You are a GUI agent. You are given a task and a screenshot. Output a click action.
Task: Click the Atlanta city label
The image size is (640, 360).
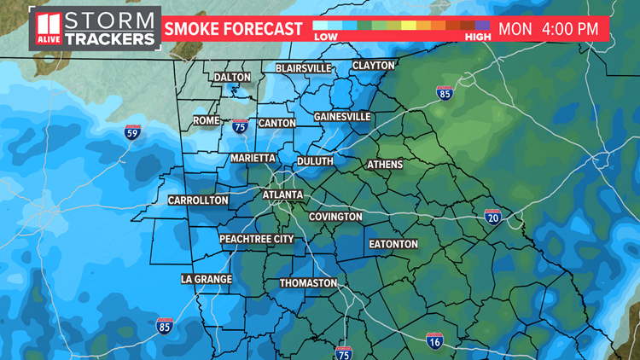point(282,195)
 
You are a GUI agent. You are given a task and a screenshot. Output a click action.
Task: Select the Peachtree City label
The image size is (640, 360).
point(256,239)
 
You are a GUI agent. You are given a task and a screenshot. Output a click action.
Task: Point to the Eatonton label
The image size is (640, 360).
point(393,244)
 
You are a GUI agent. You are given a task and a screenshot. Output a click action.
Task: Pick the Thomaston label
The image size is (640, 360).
point(308,283)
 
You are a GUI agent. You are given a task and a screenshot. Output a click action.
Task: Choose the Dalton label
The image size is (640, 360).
point(232,77)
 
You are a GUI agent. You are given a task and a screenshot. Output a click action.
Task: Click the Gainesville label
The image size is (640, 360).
point(341,116)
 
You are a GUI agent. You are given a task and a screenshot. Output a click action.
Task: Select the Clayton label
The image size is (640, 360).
point(374,66)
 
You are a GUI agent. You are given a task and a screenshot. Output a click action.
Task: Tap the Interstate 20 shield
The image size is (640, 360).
point(492,217)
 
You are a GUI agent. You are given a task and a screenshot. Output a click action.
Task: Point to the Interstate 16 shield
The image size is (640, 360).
point(435,340)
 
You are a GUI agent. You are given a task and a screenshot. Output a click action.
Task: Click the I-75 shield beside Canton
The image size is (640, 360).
point(241,127)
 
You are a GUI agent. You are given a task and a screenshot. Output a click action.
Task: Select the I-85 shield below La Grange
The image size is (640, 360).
point(165,324)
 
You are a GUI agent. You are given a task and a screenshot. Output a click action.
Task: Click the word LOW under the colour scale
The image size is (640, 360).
point(325,37)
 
